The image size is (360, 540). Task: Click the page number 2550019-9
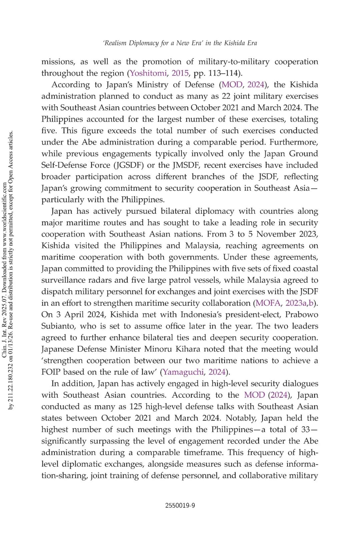[x=180, y=505]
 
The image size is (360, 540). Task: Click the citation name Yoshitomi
[x=148, y=73]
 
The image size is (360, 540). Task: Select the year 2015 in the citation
[x=180, y=73]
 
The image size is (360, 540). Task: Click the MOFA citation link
[x=268, y=303]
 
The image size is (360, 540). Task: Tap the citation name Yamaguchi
[x=183, y=372]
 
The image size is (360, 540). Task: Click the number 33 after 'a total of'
[x=305, y=430]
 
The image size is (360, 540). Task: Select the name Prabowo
[x=301, y=315]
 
